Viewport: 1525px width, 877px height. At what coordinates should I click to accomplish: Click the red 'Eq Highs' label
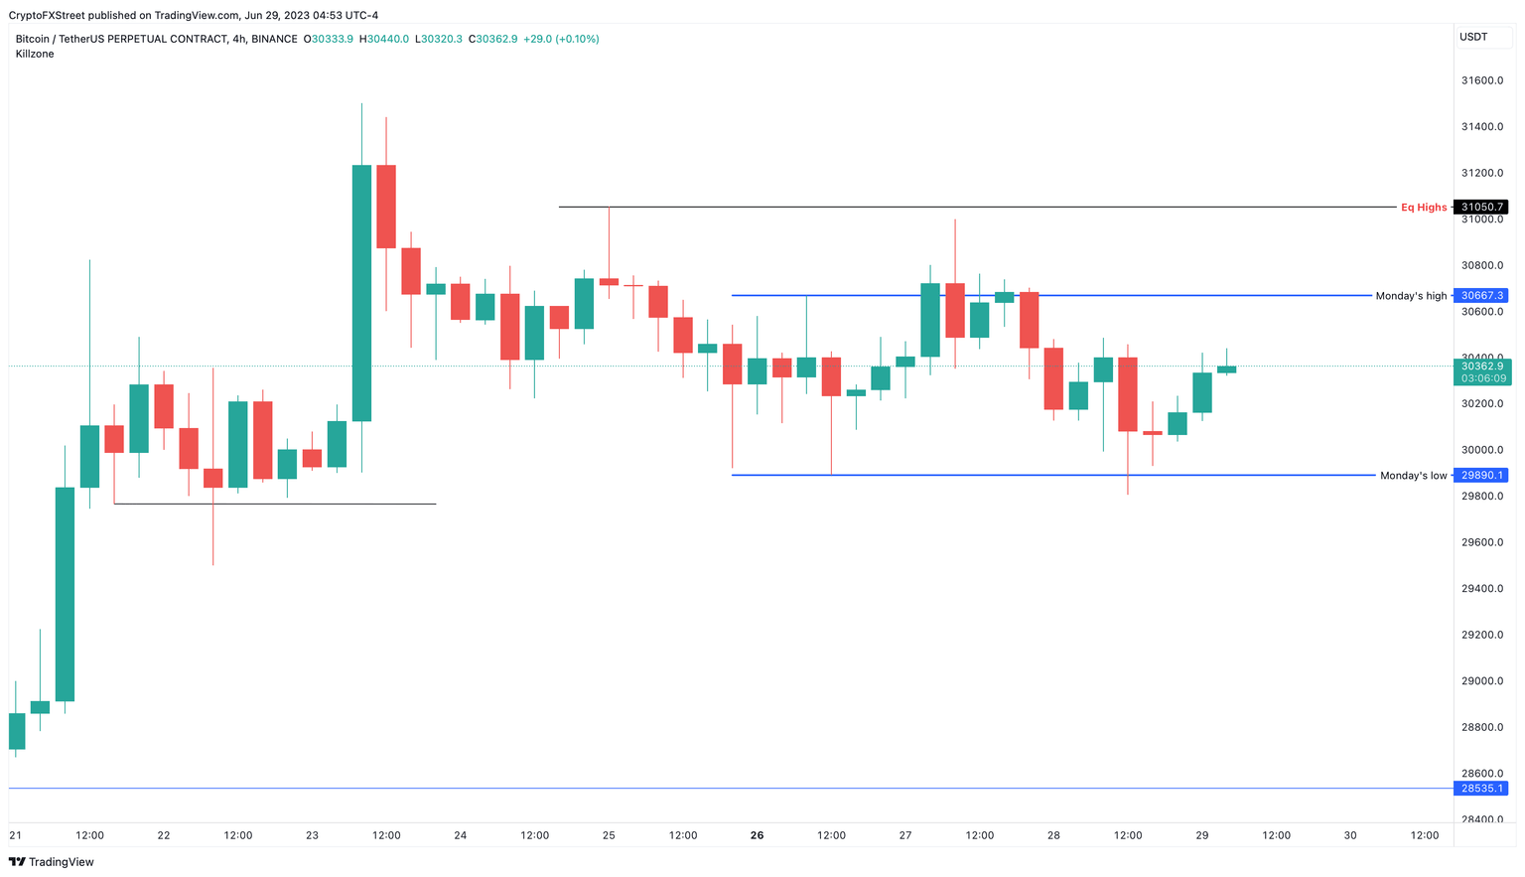pos(1423,208)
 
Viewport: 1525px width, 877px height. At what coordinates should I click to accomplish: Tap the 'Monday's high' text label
pos(1411,296)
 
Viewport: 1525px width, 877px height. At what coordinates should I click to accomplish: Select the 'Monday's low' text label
pos(1413,476)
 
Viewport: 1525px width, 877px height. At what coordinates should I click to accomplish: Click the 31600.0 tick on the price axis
pos(1481,80)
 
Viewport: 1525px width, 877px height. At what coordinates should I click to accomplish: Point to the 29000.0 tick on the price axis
pos(1481,681)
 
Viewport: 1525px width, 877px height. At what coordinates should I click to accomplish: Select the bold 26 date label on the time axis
pos(757,835)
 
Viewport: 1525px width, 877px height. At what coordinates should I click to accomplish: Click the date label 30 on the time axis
pos(1350,835)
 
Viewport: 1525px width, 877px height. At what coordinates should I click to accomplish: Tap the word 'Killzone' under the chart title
pos(35,54)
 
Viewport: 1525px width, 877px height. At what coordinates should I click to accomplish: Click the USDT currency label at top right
pos(1473,37)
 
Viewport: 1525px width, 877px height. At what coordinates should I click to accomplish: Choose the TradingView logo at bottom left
pos(51,862)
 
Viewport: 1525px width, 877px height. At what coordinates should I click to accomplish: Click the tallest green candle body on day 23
pos(361,293)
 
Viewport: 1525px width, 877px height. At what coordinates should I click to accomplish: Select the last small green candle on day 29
pos(1227,369)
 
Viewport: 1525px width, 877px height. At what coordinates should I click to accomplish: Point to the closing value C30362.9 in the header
pos(495,39)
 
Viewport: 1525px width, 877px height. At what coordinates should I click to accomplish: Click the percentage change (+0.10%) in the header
pos(577,39)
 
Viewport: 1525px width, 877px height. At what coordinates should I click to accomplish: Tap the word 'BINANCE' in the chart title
pos(274,39)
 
